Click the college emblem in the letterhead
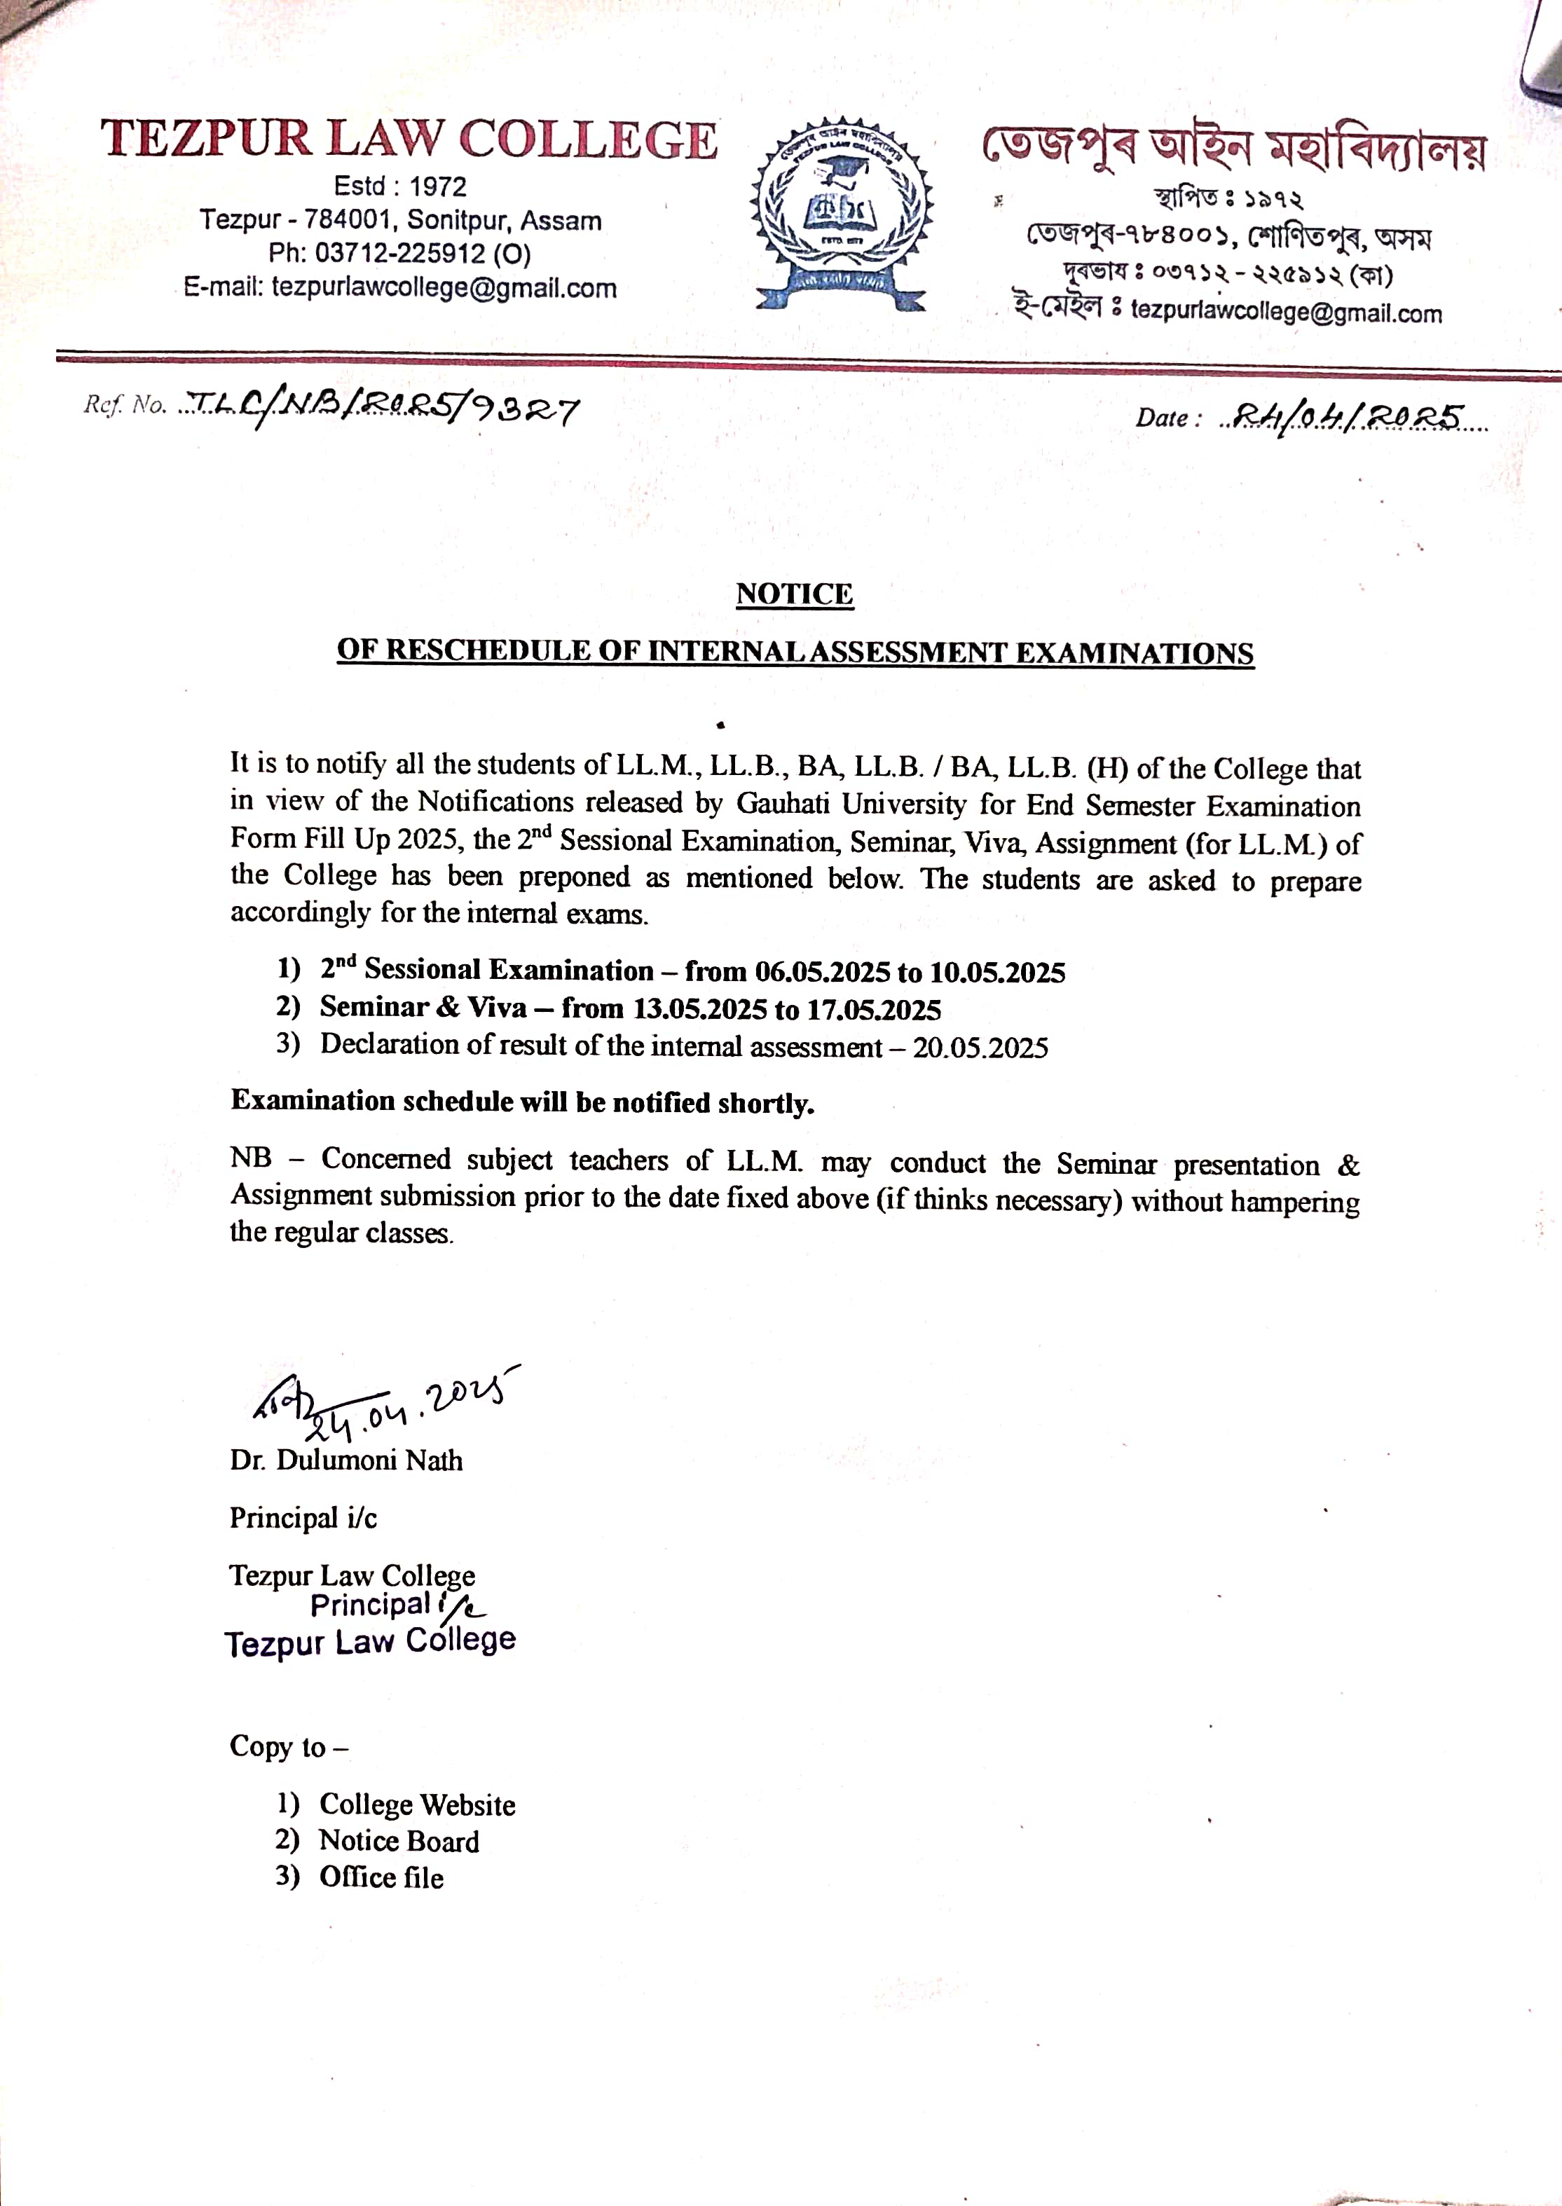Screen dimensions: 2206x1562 [841, 214]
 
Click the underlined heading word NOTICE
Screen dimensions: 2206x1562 [795, 594]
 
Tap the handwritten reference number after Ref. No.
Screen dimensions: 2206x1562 [382, 410]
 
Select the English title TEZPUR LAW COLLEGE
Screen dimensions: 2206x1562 [409, 139]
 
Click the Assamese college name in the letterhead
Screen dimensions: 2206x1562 [1233, 149]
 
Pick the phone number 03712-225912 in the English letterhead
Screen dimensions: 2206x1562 [401, 254]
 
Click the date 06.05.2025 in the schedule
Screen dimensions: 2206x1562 [823, 972]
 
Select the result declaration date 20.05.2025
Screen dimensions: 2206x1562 [980, 1047]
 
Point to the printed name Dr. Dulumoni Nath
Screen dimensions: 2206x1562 [346, 1460]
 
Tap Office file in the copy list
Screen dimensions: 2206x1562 [382, 1877]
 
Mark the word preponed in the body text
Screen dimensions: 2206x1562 [574, 877]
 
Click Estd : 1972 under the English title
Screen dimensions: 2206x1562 [400, 186]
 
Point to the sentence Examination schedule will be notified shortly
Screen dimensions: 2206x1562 [522, 1102]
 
